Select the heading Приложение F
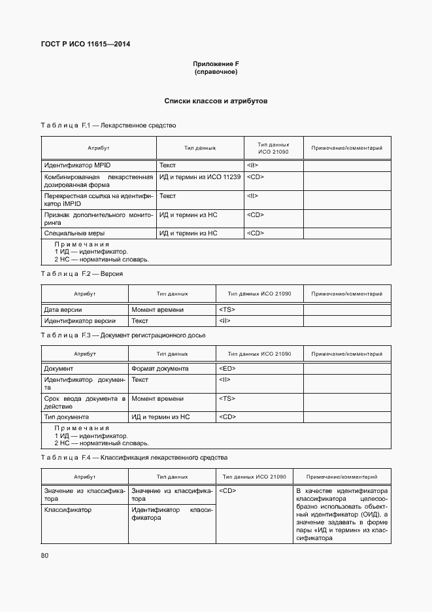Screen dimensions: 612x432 216,63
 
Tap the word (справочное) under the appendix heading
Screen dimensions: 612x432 216,71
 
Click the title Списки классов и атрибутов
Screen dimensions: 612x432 216,101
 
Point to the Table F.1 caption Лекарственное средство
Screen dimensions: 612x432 108,124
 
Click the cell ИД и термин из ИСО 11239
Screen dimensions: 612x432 200,177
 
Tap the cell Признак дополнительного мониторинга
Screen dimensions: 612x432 98,218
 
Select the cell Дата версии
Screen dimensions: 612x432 63,309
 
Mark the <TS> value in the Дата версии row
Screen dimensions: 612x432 227,309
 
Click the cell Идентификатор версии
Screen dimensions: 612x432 80,320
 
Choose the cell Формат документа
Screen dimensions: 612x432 160,368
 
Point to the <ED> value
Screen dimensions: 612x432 227,368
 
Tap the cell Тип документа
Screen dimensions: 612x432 66,416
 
